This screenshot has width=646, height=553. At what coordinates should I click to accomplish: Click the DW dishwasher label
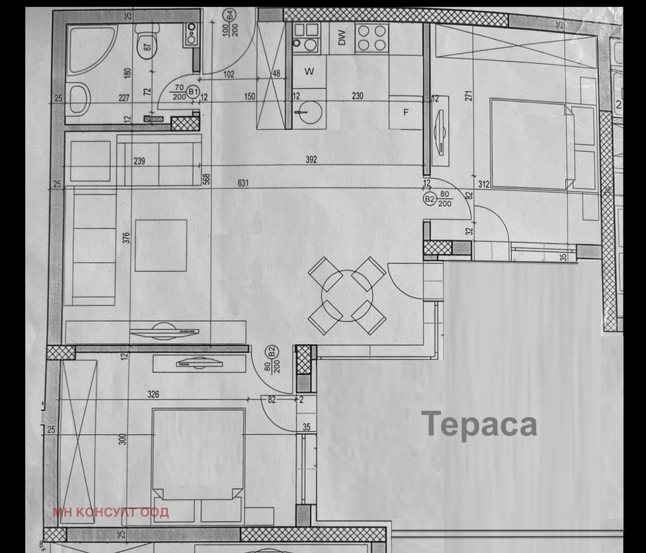[x=342, y=38]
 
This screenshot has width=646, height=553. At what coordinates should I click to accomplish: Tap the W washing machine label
[x=309, y=72]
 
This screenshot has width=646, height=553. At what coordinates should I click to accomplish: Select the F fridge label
[x=406, y=113]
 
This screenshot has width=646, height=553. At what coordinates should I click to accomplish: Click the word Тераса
[x=479, y=424]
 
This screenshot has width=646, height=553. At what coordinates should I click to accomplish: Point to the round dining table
[x=347, y=296]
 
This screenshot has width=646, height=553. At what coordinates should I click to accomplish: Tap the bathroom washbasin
[x=80, y=99]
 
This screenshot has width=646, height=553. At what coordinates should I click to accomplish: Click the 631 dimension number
[x=243, y=183]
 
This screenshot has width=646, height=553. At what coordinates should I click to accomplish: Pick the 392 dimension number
[x=311, y=160]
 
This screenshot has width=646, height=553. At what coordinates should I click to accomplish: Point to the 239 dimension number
[x=139, y=161]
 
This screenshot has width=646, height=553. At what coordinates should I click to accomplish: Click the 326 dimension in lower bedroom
[x=153, y=394]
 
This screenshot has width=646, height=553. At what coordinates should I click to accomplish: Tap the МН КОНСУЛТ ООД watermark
[x=111, y=512]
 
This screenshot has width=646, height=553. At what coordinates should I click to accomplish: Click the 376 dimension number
[x=126, y=237]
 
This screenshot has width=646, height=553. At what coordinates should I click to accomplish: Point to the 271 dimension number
[x=468, y=96]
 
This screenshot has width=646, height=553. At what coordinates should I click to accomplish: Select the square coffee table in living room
[x=161, y=245]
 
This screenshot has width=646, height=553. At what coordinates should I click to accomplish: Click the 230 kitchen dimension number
[x=357, y=96]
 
